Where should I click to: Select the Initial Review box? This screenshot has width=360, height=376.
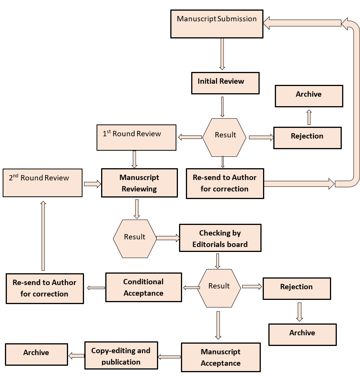tap(225, 83)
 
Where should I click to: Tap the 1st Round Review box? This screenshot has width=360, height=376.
tap(136, 137)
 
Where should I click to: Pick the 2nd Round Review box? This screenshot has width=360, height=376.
tap(43, 183)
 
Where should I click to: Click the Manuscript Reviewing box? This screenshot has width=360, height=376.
tap(140, 183)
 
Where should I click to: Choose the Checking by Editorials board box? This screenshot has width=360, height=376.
tap(220, 238)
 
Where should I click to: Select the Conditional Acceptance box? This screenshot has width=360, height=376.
tap(143, 287)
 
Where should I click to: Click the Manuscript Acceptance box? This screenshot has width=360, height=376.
tap(221, 357)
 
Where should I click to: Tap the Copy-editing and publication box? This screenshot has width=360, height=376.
tap(121, 355)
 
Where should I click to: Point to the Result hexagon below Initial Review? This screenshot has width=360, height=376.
tap(224, 137)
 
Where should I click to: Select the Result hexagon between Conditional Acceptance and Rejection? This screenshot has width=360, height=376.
tap(219, 288)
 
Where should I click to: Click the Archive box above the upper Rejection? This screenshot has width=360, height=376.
tap(309, 96)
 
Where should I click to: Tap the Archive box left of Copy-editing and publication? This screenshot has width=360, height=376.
tap(36, 354)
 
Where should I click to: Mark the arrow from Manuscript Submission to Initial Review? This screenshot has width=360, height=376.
tap(222, 54)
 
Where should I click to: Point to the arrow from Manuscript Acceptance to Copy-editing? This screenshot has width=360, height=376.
tap(169, 357)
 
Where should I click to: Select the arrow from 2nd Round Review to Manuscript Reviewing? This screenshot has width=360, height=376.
tap(92, 184)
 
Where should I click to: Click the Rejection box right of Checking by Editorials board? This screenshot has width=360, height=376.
tap(297, 288)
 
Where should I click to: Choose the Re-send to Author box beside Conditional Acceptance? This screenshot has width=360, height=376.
tap(45, 288)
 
